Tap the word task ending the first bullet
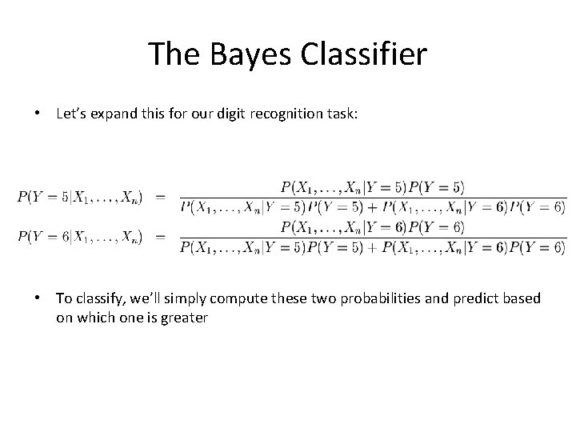(343, 114)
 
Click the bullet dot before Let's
(38, 114)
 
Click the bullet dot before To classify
(38, 298)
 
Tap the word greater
(182, 318)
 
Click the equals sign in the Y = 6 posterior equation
(159, 237)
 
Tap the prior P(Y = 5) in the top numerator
(436, 188)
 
